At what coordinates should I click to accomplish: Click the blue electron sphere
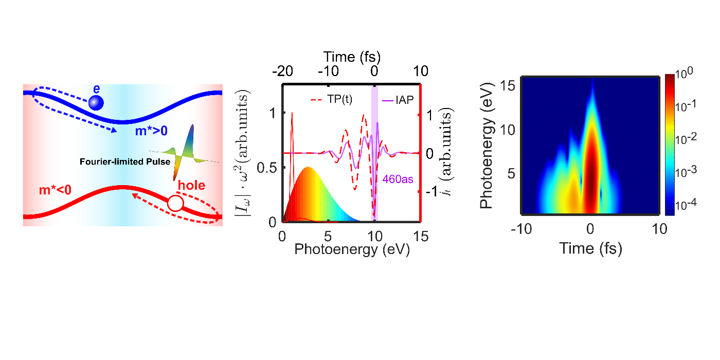[x=96, y=103]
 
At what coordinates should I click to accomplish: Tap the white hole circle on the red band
[x=175, y=204]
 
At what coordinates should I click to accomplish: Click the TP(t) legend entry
[x=332, y=100]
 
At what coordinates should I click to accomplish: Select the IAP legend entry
[x=398, y=100]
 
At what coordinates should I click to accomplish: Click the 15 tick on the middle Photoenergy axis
[x=421, y=236]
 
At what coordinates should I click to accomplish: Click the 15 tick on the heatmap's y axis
[x=509, y=85]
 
